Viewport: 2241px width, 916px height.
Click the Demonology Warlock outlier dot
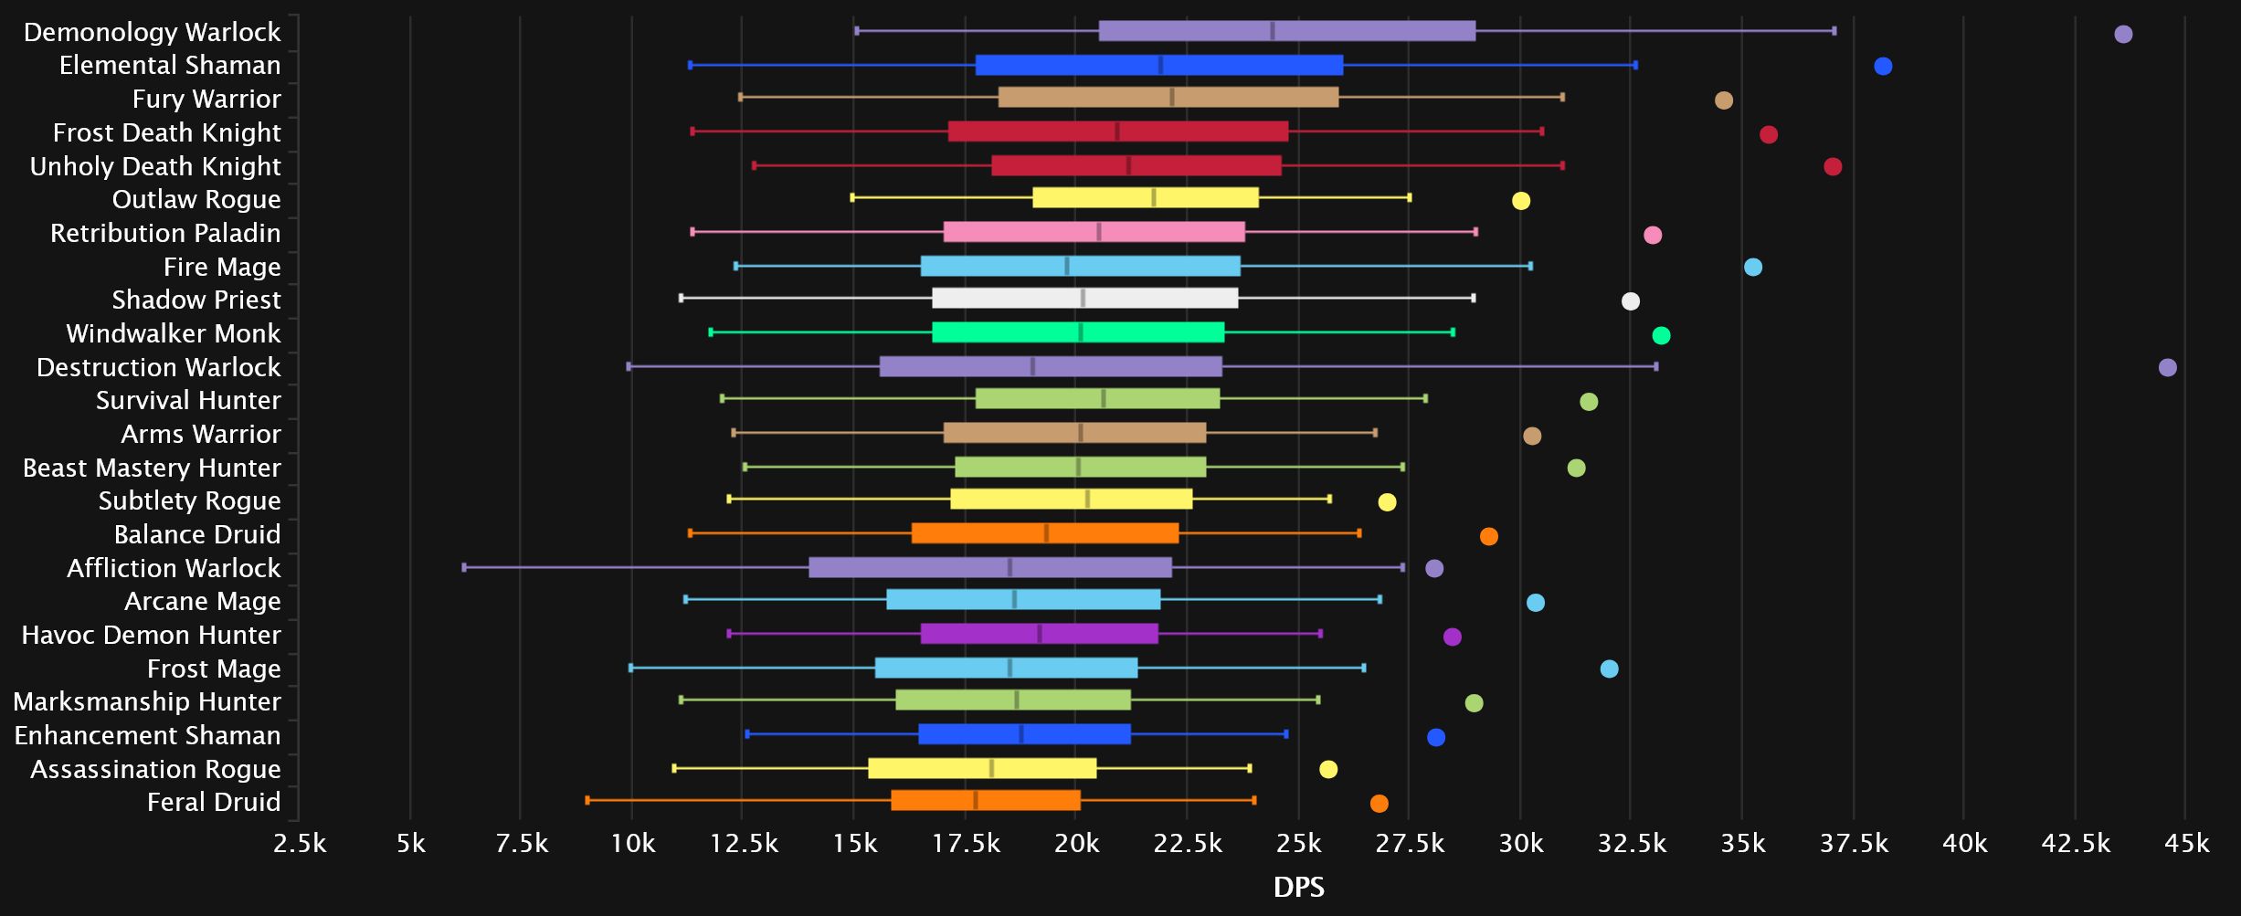(x=2123, y=35)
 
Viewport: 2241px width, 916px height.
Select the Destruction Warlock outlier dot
(x=2167, y=367)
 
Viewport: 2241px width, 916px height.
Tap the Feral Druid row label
(x=214, y=802)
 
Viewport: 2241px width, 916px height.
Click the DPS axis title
(x=1298, y=887)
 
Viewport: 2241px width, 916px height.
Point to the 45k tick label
(x=2186, y=843)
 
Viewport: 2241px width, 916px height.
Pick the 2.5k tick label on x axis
(x=300, y=843)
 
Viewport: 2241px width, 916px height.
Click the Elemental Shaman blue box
(x=1158, y=66)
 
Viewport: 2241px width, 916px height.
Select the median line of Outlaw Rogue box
(x=1154, y=198)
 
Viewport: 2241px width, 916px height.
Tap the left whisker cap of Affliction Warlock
(x=464, y=567)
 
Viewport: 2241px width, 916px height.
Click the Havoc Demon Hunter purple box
(x=1039, y=634)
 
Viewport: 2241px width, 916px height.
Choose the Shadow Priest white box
(x=1084, y=299)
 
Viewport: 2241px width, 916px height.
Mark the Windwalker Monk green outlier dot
(x=1661, y=335)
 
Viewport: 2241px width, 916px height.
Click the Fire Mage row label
(x=222, y=267)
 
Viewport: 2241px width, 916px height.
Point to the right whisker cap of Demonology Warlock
(x=1834, y=31)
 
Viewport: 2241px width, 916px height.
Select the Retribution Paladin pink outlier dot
(x=1652, y=235)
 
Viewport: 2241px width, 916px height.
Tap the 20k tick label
(x=1076, y=843)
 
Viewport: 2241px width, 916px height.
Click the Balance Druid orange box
(x=1044, y=533)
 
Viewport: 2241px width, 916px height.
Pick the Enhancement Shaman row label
(x=147, y=735)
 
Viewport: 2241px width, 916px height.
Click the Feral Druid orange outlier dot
(x=1379, y=804)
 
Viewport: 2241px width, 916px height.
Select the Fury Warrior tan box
(x=1168, y=98)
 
